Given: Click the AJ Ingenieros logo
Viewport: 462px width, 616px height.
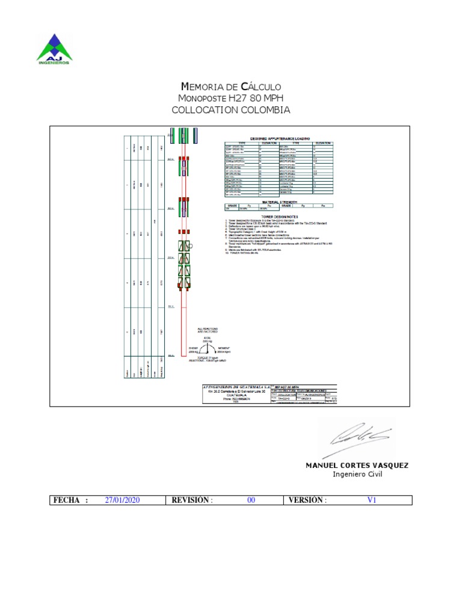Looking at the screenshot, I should click(x=54, y=49).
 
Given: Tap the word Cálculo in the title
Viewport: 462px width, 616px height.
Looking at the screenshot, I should click(x=260, y=87).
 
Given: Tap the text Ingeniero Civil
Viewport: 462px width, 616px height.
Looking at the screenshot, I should click(x=357, y=474).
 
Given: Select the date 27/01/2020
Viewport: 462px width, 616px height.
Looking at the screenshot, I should click(x=123, y=500).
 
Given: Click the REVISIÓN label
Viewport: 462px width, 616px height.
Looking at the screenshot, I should click(x=192, y=500).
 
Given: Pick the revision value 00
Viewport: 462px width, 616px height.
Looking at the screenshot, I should click(x=251, y=500).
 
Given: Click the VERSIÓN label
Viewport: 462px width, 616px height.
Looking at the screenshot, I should click(x=307, y=500).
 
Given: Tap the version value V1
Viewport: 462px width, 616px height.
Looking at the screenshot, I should click(x=371, y=500).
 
